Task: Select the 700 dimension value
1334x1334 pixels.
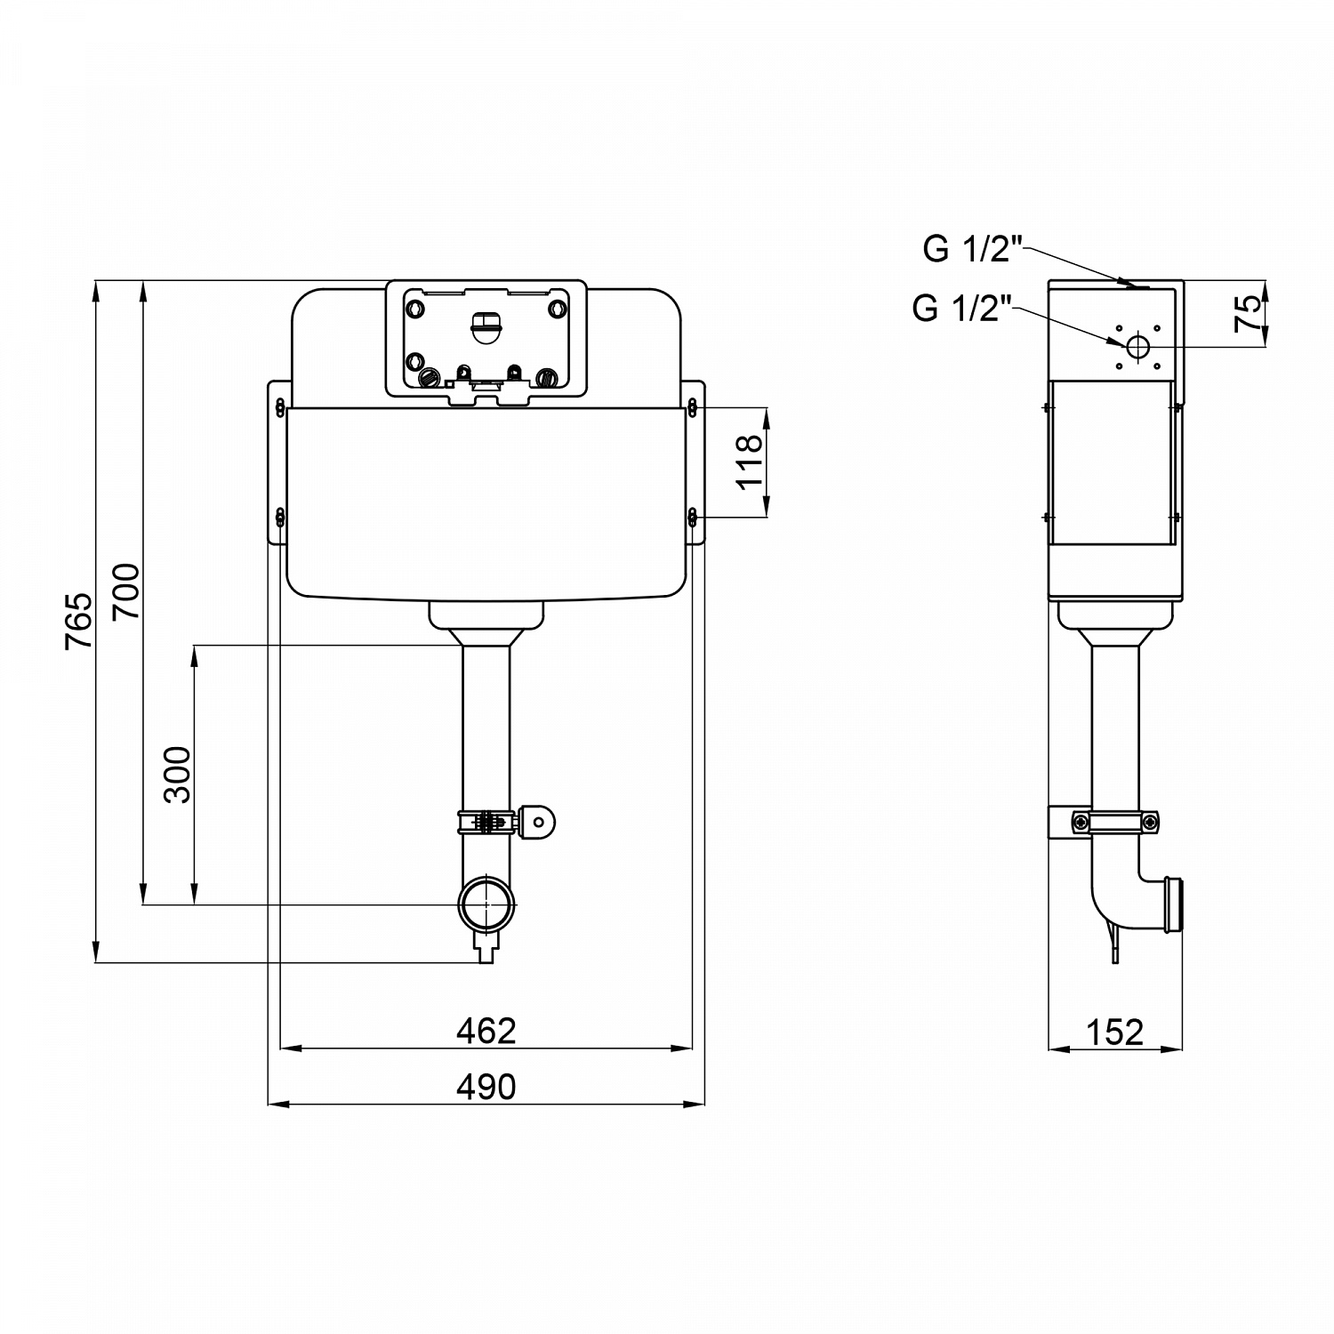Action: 125,591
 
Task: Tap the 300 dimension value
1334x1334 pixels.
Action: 178,775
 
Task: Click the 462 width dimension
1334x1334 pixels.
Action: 486,1031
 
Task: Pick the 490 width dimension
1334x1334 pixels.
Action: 486,1086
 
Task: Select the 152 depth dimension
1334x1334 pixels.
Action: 1114,1032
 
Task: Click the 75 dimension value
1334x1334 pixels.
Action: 1250,314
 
